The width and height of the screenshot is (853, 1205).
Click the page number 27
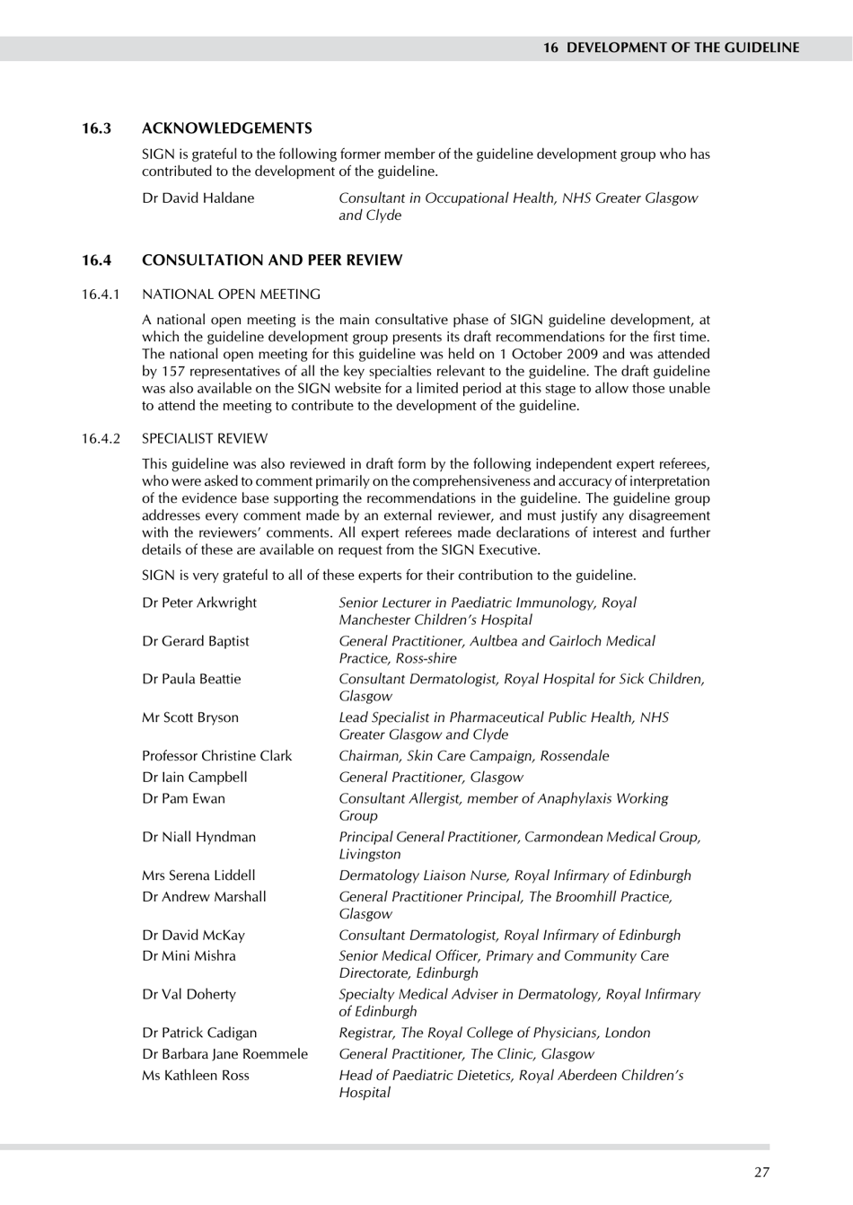tap(761, 1172)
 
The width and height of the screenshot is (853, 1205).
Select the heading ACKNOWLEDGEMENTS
tap(227, 128)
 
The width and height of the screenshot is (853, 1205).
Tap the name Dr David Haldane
tap(198, 198)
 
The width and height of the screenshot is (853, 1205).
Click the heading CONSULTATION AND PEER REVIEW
tap(272, 260)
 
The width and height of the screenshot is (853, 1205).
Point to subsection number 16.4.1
tap(101, 295)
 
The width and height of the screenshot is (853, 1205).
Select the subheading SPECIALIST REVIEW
tap(205, 439)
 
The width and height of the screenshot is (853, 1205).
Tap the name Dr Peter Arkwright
tap(199, 602)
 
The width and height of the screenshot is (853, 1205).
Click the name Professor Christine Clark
tap(217, 756)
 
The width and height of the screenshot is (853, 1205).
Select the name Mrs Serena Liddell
tap(198, 875)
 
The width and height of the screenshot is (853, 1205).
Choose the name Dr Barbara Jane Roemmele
tap(224, 1054)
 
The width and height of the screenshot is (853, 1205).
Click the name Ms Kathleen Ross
tap(196, 1076)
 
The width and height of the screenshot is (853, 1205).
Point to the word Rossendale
tap(575, 756)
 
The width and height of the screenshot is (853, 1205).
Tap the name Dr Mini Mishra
tap(189, 956)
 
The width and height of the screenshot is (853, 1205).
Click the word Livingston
tap(370, 855)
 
